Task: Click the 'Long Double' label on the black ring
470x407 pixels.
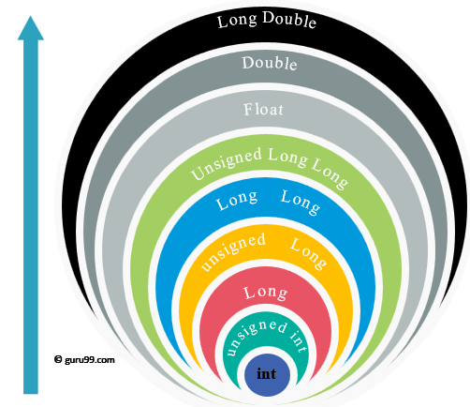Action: (267, 20)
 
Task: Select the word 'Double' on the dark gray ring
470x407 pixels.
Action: (270, 63)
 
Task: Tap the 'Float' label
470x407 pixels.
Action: (263, 110)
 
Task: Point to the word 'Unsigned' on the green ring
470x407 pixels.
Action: (227, 163)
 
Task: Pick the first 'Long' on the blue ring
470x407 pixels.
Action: (237, 200)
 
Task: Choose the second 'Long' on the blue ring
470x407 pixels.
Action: (301, 202)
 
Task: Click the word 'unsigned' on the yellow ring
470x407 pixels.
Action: (233, 250)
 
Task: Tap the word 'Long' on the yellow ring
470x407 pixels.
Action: (309, 253)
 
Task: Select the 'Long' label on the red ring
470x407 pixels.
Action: (266, 294)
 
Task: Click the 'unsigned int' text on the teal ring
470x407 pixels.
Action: (266, 335)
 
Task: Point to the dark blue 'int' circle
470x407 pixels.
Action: (267, 374)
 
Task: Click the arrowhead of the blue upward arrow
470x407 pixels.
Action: (31, 28)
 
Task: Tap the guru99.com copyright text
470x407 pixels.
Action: (84, 359)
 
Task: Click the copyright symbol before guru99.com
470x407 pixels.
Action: (58, 359)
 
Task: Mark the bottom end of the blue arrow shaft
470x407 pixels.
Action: (31, 393)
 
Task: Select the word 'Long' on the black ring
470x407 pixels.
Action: (237, 21)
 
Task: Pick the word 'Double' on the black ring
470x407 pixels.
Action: (289, 20)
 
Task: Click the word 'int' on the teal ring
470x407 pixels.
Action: (299, 342)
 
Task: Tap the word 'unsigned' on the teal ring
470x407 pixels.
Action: (254, 335)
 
